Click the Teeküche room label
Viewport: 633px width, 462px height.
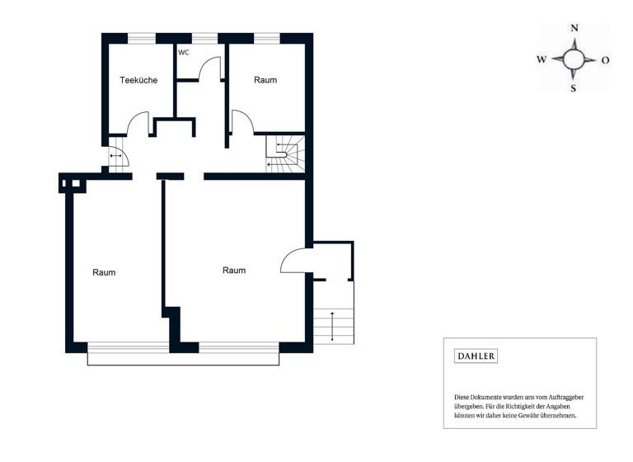[x=138, y=80]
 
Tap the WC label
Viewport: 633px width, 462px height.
[x=183, y=52]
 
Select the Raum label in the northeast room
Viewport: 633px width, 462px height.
[x=265, y=80]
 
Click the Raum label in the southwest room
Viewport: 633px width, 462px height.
[x=104, y=272]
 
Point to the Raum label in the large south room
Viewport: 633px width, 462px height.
[x=234, y=270]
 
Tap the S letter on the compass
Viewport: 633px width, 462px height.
[x=574, y=88]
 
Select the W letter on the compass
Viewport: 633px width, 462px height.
[x=542, y=59]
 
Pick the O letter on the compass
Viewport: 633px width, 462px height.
[x=605, y=59]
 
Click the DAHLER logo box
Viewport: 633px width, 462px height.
[x=477, y=356]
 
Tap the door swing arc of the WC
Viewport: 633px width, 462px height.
[x=211, y=66]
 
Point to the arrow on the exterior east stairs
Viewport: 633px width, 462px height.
[x=332, y=325]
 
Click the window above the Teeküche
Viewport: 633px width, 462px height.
[x=142, y=37]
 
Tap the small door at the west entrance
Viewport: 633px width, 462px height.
[x=115, y=156]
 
